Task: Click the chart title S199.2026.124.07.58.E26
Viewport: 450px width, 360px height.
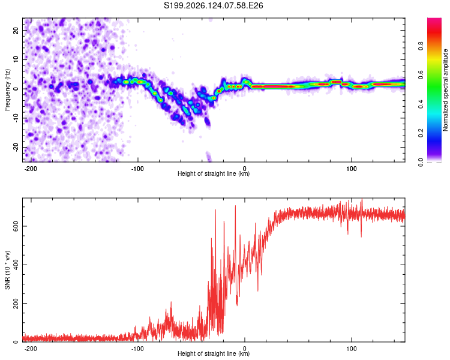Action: [213, 5]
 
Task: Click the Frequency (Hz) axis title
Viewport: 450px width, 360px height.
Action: [7, 90]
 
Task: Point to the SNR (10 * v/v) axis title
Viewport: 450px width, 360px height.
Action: [7, 270]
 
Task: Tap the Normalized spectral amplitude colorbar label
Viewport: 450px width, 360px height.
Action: [445, 90]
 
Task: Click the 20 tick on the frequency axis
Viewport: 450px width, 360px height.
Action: [16, 30]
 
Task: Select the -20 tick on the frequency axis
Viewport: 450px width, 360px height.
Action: [16, 147]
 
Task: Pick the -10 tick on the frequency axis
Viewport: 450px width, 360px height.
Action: [16, 118]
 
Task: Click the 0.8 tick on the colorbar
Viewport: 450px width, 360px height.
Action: [421, 46]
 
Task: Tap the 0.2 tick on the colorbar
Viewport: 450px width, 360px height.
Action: [421, 133]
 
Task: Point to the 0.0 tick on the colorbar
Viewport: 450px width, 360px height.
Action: [421, 162]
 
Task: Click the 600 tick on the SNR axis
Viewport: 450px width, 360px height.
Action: [16, 226]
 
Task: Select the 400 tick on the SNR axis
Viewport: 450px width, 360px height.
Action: [16, 265]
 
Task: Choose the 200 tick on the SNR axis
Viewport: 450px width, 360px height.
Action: [16, 303]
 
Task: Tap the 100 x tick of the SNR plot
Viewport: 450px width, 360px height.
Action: [351, 349]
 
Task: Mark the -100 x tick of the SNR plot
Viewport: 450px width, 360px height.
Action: [137, 349]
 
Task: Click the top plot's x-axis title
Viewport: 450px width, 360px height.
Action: [214, 173]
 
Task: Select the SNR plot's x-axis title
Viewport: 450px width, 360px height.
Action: [214, 353]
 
